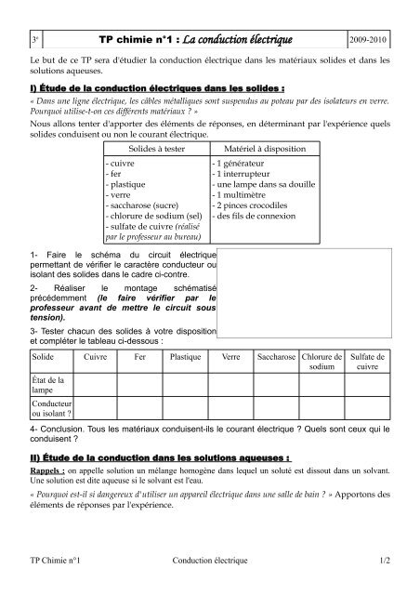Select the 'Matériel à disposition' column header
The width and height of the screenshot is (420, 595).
click(253, 149)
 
